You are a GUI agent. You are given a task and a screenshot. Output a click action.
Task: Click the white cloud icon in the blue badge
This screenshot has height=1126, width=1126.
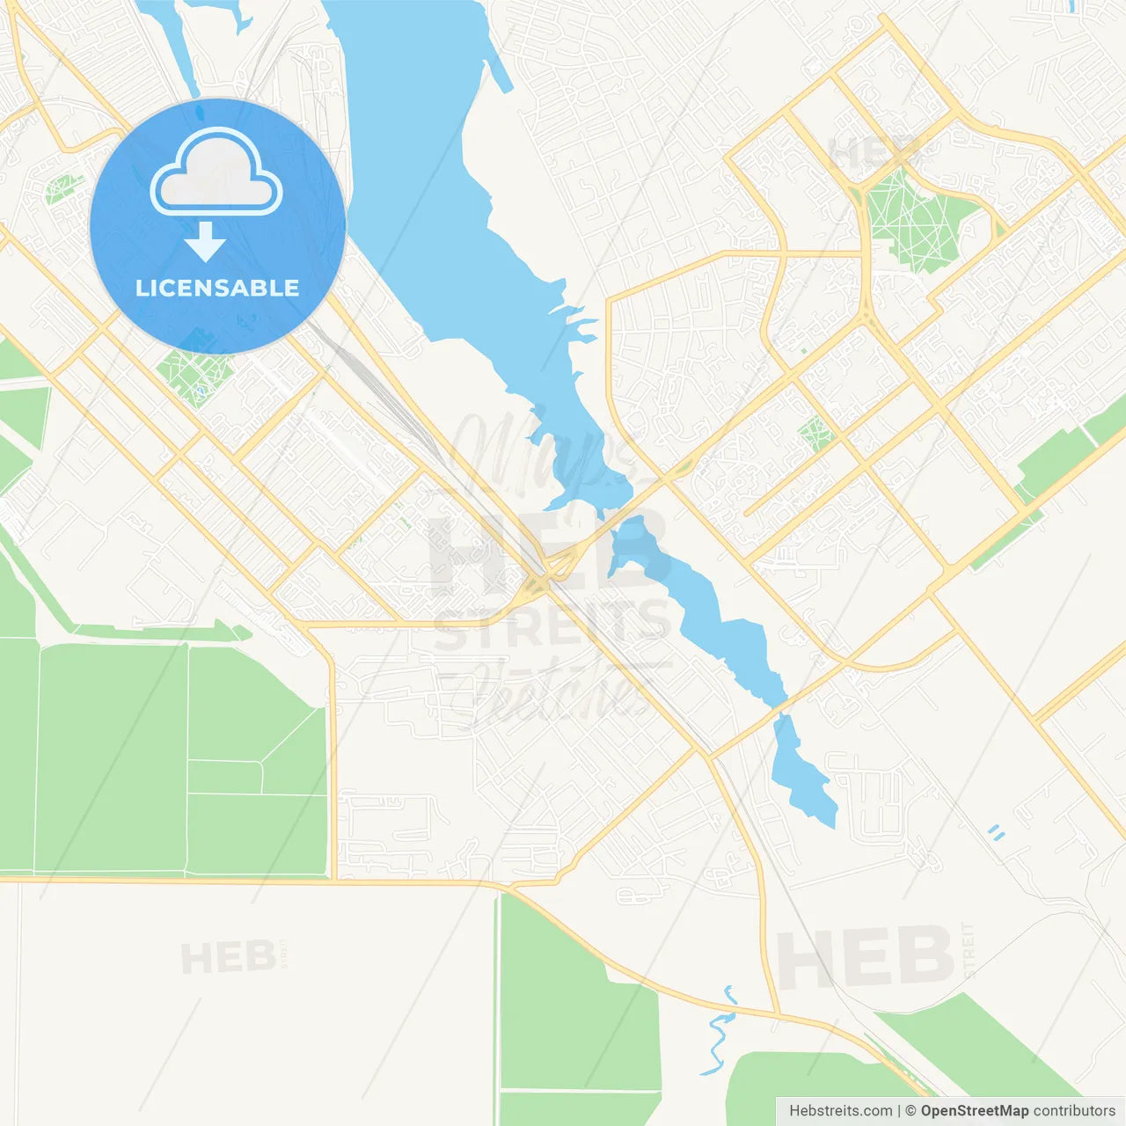coord(216,172)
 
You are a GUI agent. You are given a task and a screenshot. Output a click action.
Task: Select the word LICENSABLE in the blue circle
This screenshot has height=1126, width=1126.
coord(217,288)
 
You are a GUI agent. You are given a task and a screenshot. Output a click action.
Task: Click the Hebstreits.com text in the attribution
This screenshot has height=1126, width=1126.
coord(840,1111)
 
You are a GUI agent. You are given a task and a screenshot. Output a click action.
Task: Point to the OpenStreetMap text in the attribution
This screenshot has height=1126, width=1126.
coord(975,1111)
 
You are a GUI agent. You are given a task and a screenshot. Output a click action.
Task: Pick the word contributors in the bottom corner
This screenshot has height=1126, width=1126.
coord(1074,1111)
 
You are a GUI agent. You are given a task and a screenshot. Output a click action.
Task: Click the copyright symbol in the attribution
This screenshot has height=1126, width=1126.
coord(910,1111)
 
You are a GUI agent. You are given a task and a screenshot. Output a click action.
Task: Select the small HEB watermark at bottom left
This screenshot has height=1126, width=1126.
coord(228,958)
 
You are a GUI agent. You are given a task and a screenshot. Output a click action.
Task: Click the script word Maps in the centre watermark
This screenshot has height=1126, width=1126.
coord(545,457)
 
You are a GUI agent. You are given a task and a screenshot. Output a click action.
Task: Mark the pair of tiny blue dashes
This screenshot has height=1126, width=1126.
coord(996,832)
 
